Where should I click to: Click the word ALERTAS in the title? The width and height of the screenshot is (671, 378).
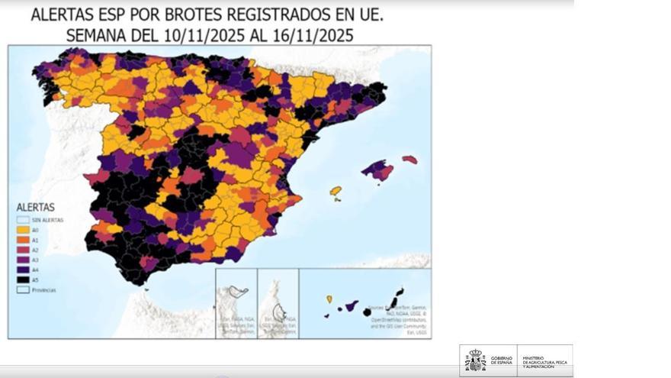[x=64, y=15]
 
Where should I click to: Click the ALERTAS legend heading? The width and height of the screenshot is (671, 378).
[x=35, y=207]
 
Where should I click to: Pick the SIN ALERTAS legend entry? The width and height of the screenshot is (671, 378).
[x=46, y=219]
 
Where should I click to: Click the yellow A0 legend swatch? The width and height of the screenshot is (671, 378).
[x=23, y=229]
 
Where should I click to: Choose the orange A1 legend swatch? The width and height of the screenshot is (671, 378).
[x=23, y=239]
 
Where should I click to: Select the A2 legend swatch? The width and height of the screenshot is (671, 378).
[x=23, y=249]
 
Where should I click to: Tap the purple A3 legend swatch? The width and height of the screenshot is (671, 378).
[x=23, y=259]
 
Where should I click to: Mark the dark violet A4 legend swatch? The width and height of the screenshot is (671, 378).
[x=23, y=269]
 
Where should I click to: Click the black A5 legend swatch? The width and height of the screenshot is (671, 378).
[x=23, y=279]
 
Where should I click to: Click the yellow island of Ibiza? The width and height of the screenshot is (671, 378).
[x=335, y=190]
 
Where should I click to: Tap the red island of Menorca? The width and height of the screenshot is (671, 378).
[x=410, y=160]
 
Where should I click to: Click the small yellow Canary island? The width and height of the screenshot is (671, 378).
[x=329, y=299]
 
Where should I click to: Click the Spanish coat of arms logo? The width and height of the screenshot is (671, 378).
[x=474, y=360]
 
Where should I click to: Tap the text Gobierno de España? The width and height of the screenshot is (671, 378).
[x=502, y=360]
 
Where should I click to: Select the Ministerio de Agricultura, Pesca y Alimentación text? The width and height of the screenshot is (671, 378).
[x=544, y=360]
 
